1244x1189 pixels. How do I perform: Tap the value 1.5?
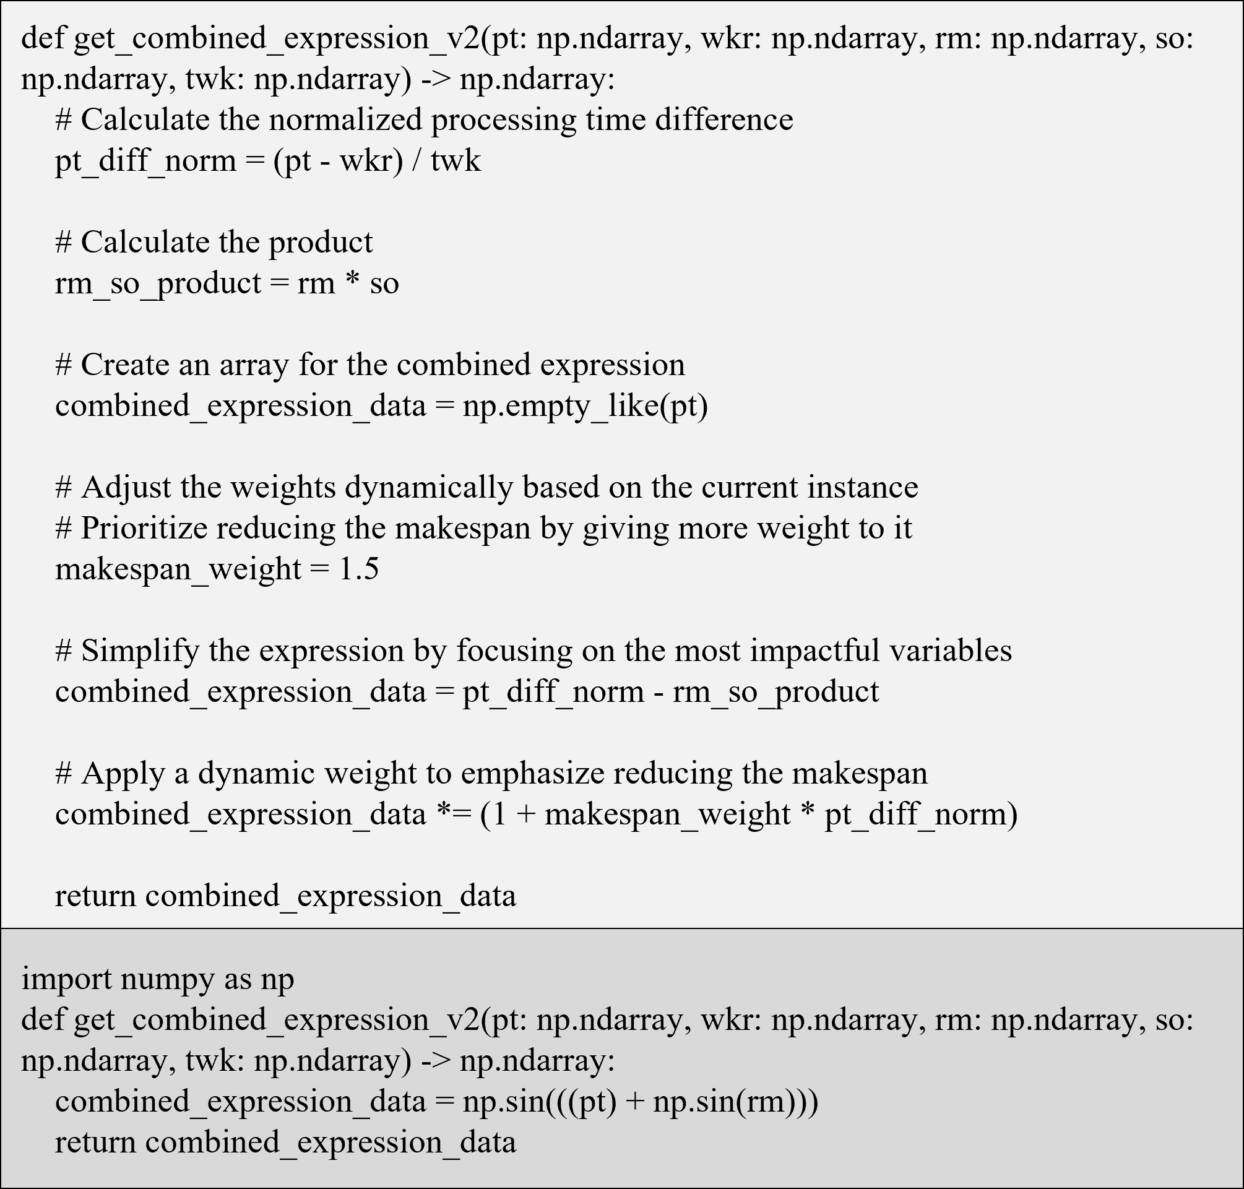point(359,569)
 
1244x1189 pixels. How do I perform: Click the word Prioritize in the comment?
point(144,528)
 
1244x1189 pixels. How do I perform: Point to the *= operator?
point(454,814)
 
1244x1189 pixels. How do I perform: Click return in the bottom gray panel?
point(95,1141)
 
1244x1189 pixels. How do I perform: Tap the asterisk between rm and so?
point(352,283)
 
